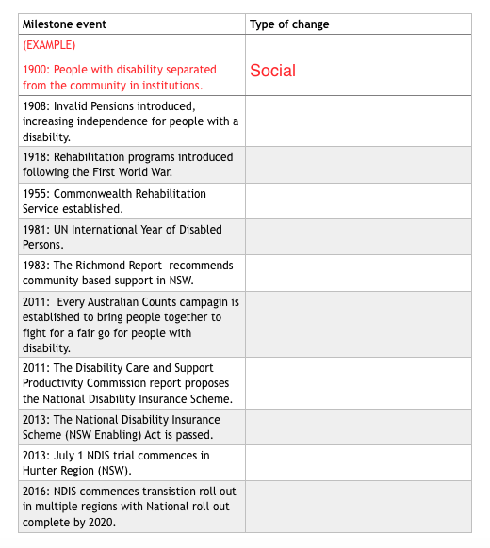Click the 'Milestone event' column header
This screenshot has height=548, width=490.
[64, 24]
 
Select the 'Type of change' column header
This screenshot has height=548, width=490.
[289, 24]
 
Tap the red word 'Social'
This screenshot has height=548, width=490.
[272, 71]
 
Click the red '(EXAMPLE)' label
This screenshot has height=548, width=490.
[49, 45]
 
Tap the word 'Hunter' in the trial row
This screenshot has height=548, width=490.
[41, 471]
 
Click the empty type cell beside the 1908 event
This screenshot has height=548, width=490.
[358, 120]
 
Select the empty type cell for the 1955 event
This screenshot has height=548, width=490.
[358, 201]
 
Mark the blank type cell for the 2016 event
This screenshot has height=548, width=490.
[358, 507]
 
